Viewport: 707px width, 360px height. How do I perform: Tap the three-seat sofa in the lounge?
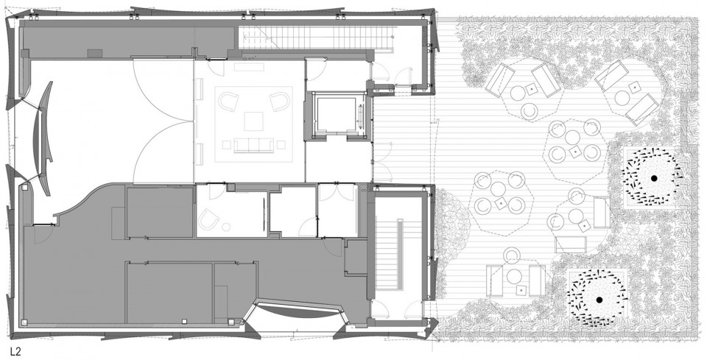pos(254,145)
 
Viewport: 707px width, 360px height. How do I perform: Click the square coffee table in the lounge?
pos(254,121)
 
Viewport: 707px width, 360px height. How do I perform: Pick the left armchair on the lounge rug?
pos(228,102)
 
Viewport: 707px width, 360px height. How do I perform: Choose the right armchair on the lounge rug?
pos(280,102)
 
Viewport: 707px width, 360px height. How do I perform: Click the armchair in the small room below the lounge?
pos(209,219)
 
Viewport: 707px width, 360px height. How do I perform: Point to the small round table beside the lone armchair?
pos(226,227)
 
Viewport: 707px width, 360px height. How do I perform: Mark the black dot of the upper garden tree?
pos(653,179)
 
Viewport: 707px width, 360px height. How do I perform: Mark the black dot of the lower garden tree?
pos(599,300)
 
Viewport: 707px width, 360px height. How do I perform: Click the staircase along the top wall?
pos(314,38)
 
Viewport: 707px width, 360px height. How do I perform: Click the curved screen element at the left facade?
pos(43,138)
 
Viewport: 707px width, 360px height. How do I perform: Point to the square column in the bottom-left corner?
pos(24,322)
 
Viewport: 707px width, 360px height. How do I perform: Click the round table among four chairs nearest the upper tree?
pos(573,137)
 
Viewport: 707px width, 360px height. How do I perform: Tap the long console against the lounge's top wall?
pos(249,67)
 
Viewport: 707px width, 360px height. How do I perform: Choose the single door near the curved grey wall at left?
pos(43,233)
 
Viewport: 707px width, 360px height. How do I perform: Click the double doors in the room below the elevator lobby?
pos(340,191)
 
